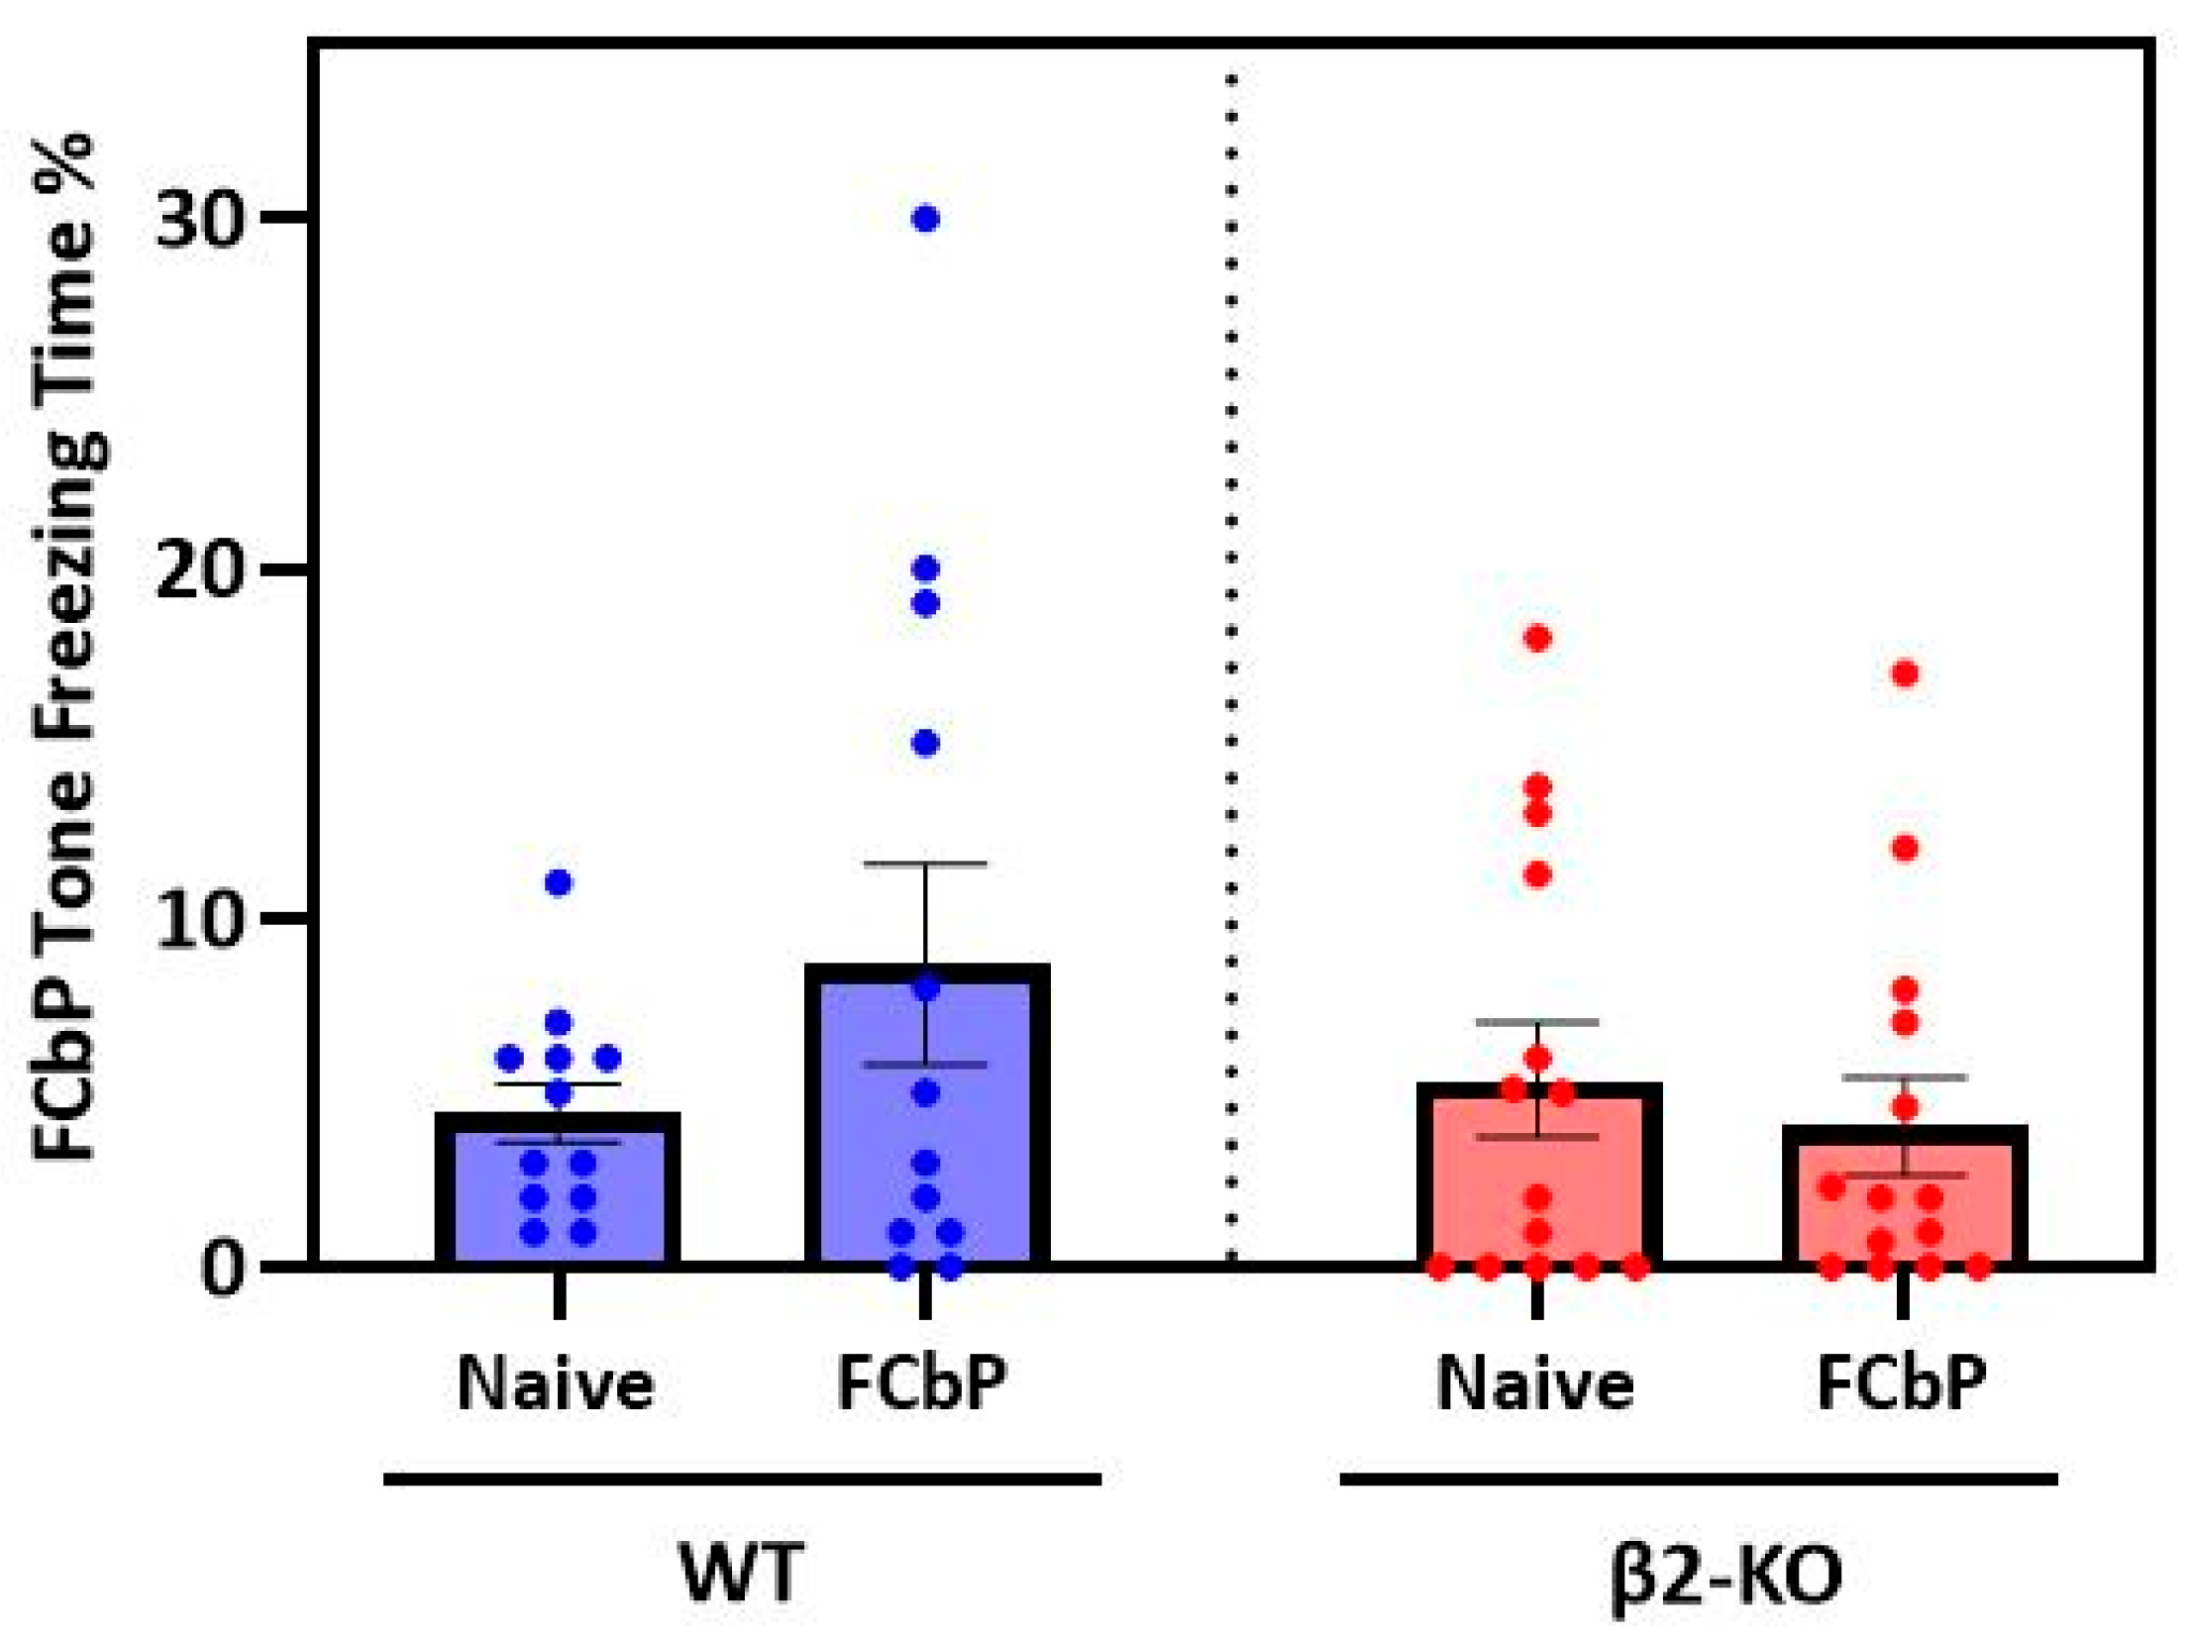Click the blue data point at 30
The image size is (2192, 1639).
(x=925, y=219)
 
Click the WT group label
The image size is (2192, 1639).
(x=741, y=1573)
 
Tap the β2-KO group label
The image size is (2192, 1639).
(x=1724, y=1573)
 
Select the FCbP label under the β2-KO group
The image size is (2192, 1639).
(x=1902, y=1383)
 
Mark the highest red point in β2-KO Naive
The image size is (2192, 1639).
(x=1538, y=638)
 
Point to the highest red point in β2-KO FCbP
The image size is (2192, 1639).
(x=1905, y=673)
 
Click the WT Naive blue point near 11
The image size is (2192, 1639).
(x=559, y=883)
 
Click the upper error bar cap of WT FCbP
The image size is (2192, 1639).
(x=925, y=865)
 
